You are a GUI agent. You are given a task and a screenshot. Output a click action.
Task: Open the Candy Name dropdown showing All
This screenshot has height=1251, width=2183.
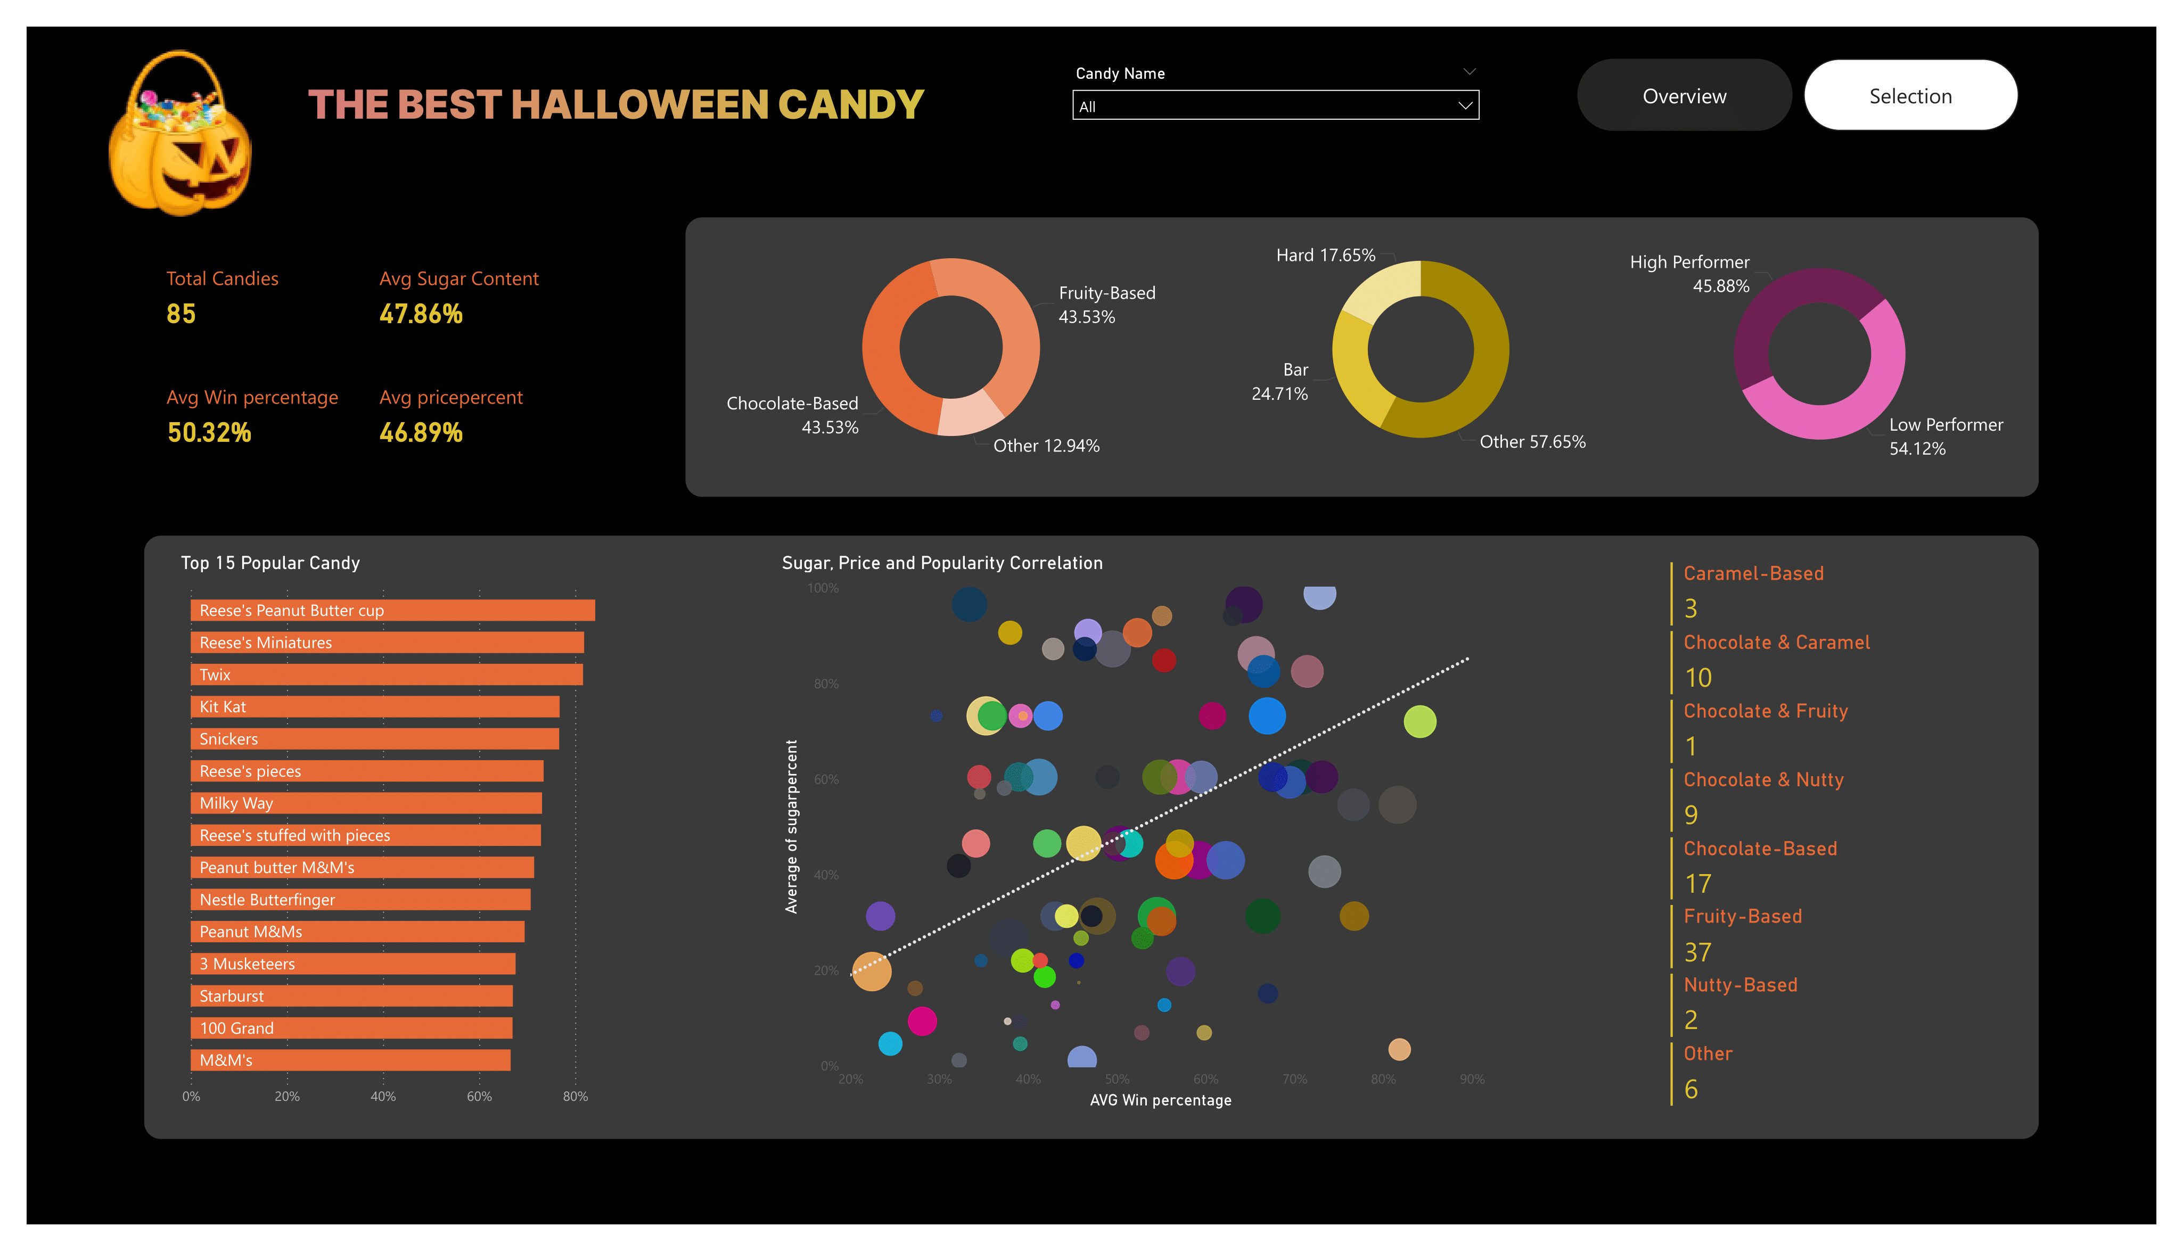[x=1275, y=106]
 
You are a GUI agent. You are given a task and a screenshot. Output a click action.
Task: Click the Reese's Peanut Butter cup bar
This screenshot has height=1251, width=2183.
[x=392, y=610]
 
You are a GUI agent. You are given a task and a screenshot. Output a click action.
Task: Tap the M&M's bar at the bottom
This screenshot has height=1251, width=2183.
[x=350, y=1060]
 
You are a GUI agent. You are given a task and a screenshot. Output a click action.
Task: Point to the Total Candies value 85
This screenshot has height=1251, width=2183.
[x=180, y=315]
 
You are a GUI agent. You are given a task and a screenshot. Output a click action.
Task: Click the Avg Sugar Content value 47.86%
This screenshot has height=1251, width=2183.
[x=421, y=315]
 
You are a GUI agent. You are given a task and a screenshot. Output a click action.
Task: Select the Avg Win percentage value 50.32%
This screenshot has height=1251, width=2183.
[x=209, y=433]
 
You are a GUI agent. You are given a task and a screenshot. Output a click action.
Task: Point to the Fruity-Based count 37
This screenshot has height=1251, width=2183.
[x=1697, y=952]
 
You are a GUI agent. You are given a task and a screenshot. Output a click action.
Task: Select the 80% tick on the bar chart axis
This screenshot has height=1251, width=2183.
[x=575, y=1096]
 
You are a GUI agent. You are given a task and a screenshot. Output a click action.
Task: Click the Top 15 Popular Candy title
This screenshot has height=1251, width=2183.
[x=270, y=563]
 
